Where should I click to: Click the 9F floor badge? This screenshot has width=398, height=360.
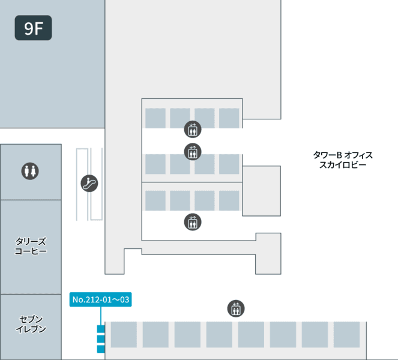[x=33, y=28]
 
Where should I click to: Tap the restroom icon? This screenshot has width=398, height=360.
[x=30, y=171]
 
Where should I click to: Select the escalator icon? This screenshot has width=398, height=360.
[x=89, y=183]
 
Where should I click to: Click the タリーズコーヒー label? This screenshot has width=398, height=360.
[x=31, y=246]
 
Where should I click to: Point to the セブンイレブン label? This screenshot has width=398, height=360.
[x=31, y=324]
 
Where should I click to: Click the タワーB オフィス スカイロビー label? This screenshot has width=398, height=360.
[x=343, y=160]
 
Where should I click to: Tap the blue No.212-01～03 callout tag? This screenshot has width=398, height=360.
[x=100, y=299]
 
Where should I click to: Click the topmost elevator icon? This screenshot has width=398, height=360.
[x=193, y=129]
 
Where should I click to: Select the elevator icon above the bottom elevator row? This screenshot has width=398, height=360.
[x=236, y=308]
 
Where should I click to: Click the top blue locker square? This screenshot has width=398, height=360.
[x=101, y=329]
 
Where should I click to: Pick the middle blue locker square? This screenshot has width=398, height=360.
[x=101, y=339]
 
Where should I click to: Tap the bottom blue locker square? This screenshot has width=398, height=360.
[x=101, y=349]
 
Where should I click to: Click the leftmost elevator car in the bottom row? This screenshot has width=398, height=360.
[x=124, y=335]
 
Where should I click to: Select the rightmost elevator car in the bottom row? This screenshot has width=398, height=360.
[x=346, y=335]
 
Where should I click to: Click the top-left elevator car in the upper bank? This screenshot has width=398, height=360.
[x=155, y=118]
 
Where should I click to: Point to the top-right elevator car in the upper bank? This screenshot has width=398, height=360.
[x=229, y=118]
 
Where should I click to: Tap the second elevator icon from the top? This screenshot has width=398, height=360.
[x=193, y=152]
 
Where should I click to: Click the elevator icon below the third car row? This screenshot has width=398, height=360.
[x=193, y=222]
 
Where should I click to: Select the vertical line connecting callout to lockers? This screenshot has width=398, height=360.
[x=101, y=316]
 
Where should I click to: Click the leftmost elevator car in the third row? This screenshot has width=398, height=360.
[x=155, y=200]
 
